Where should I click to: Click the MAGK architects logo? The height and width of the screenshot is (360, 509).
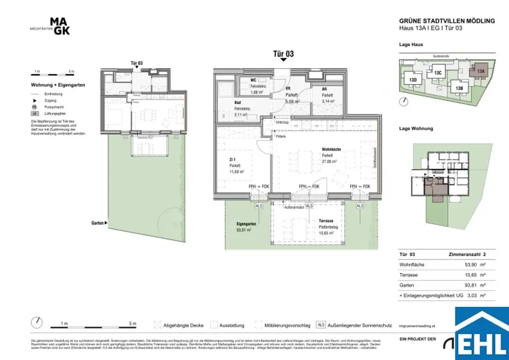(60, 26)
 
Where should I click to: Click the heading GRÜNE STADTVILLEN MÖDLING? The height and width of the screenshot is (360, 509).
(447, 21)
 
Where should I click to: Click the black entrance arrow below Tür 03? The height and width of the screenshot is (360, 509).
(283, 60)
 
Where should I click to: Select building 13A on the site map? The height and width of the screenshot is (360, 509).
(480, 71)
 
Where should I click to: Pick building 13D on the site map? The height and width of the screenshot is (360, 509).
(413, 80)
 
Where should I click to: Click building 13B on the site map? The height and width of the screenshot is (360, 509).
(459, 88)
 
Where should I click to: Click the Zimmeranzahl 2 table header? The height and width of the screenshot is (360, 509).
(467, 254)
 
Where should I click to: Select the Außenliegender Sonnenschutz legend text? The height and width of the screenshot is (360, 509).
(356, 325)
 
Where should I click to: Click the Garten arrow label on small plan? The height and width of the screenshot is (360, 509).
(98, 223)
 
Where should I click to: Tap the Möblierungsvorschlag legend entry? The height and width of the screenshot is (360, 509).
(287, 325)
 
